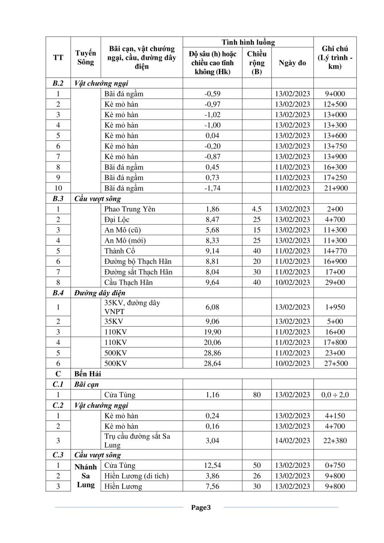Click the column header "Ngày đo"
[x=292, y=63]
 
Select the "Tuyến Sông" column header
[x=85, y=57]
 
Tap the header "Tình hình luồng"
[x=248, y=42]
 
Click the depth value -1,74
[x=212, y=188]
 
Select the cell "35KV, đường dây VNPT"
[x=132, y=307]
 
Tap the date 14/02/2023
[x=292, y=440]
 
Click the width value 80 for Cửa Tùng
[x=257, y=395]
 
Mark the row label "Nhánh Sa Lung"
[x=85, y=475]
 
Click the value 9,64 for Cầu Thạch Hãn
[x=212, y=282]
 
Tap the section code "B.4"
[x=58, y=293]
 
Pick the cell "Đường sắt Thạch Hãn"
[x=138, y=271]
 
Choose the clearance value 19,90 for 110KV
[x=212, y=332]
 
